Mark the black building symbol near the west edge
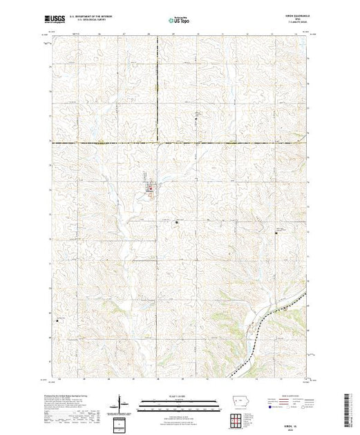[x=58, y=319]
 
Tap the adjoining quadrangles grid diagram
[x=238, y=420]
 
